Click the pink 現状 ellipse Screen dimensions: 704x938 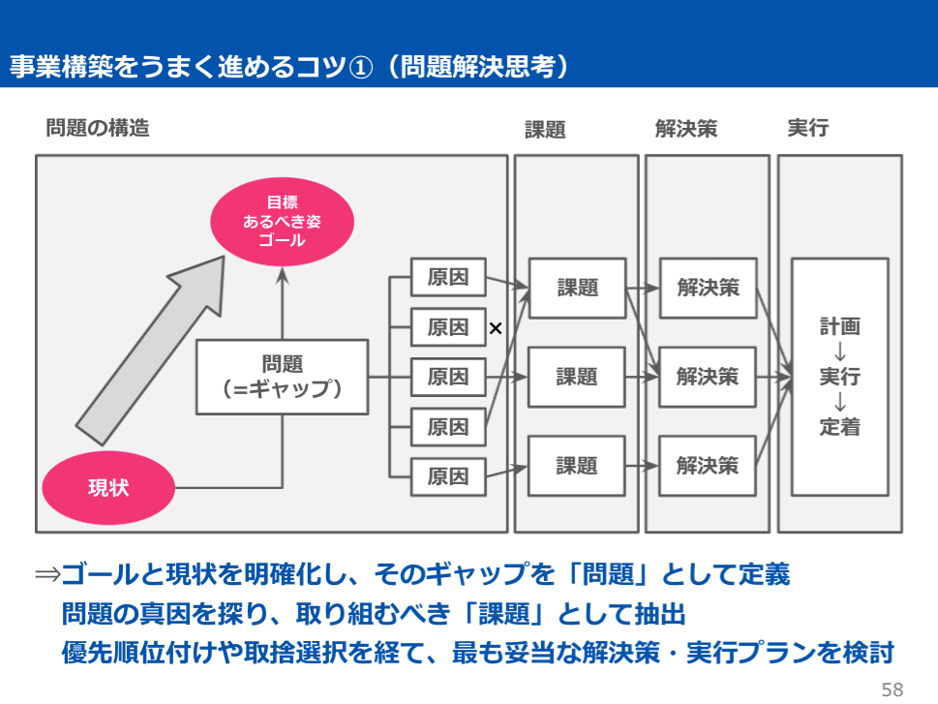click(108, 487)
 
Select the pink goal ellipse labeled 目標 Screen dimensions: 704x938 click(282, 222)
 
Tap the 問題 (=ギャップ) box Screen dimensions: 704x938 click(283, 376)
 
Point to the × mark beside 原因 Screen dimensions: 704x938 click(496, 328)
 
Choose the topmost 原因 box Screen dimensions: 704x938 click(448, 278)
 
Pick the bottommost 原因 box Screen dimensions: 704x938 click(448, 475)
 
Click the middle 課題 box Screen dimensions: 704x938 click(577, 376)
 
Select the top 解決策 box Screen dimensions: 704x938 click(708, 288)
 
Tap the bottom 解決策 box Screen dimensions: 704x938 click(708, 466)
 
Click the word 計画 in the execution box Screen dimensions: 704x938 click(839, 326)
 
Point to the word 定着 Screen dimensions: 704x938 click(839, 427)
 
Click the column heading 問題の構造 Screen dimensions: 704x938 click(98, 128)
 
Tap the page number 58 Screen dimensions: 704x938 click(892, 689)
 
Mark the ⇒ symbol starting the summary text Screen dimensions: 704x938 click(47, 575)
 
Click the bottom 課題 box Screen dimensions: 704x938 click(577, 466)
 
